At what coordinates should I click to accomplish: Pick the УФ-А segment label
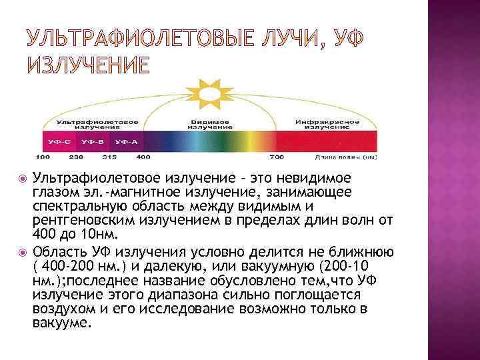tap(127, 142)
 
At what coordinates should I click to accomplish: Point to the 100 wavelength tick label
tap(42, 157)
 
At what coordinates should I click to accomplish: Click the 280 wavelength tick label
tap(76, 157)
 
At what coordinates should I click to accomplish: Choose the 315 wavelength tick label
tap(109, 157)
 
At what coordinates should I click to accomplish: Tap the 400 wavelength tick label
tap(143, 157)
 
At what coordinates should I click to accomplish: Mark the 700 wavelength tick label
tap(277, 157)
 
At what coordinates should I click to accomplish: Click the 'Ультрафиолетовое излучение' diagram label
tap(97, 125)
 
